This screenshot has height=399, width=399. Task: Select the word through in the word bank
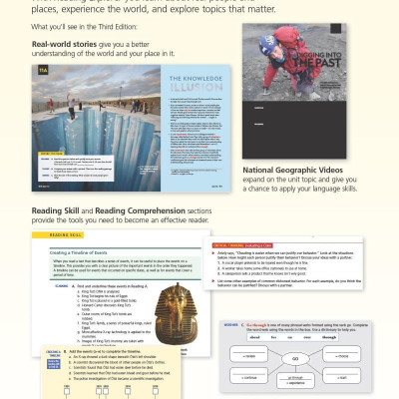point(355,337)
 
